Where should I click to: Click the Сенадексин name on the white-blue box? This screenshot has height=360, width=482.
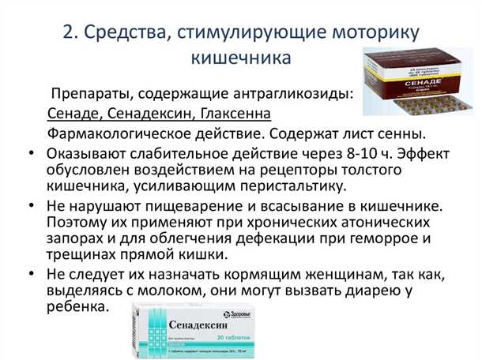click(x=198, y=324)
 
